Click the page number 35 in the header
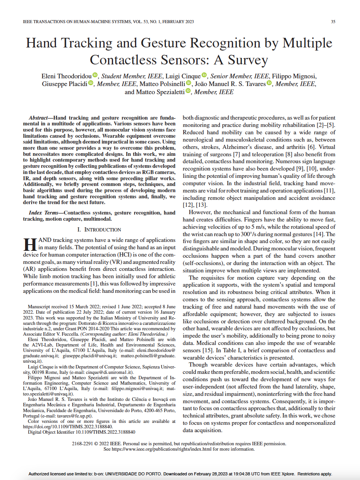(x=333, y=22)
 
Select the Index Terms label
(x=46, y=213)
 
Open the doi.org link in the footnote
(x=68, y=427)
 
